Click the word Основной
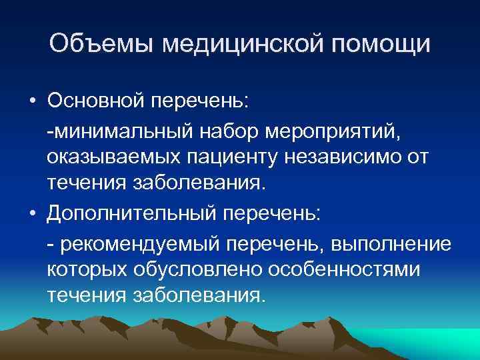point(96,101)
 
